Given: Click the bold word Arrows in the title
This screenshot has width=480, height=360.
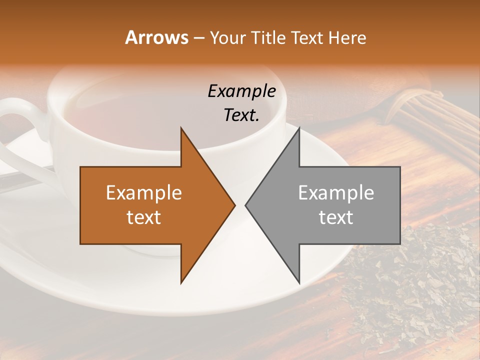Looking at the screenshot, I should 157,37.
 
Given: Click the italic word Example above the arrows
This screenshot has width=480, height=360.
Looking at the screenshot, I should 242,91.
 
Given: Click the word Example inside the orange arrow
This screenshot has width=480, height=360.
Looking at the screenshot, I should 144,193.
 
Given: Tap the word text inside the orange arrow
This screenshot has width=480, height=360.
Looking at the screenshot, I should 144,217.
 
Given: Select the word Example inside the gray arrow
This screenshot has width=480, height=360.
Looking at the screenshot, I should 336,193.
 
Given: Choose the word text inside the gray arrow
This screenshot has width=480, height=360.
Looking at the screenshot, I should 336,217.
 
